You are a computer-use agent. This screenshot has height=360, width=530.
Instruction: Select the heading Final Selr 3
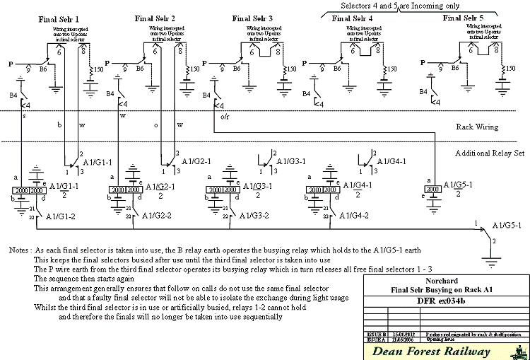pos(252,19)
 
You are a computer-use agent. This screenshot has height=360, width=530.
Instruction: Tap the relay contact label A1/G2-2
pos(160,216)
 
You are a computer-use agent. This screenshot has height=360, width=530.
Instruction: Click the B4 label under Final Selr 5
pos(423,92)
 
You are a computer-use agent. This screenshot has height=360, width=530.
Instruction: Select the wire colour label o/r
pos(224,117)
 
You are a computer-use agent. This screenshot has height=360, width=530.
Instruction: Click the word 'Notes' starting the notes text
pos(19,251)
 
